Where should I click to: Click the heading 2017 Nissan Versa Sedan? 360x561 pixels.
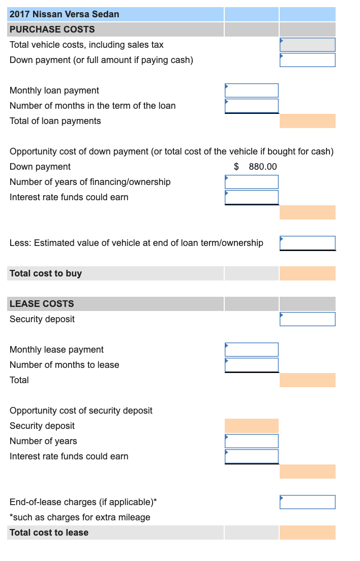tap(65, 14)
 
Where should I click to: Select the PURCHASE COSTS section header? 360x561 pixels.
tap(52, 29)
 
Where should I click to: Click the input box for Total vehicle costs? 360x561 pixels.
tap(307, 45)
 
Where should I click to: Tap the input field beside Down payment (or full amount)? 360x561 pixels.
tap(307, 60)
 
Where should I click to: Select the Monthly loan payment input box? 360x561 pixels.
tap(252, 90)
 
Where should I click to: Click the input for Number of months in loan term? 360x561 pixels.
tap(252, 106)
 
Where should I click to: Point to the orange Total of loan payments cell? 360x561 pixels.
tap(307, 121)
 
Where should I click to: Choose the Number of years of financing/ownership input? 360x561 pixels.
tap(252, 182)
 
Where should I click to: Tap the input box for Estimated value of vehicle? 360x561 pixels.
tap(307, 243)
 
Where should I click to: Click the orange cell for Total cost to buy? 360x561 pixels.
tap(307, 273)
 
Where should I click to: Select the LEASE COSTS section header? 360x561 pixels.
tap(42, 304)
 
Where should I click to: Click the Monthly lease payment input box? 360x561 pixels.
tap(252, 350)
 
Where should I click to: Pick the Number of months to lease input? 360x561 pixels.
tap(252, 365)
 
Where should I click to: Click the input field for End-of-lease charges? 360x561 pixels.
tap(307, 502)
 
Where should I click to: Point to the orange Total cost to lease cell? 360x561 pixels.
tap(307, 533)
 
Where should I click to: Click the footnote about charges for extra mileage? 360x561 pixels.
tap(80, 517)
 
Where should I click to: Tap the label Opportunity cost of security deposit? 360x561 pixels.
tap(81, 411)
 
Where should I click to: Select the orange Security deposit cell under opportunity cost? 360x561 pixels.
tap(252, 426)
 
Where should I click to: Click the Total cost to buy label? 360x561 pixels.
tap(46, 273)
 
